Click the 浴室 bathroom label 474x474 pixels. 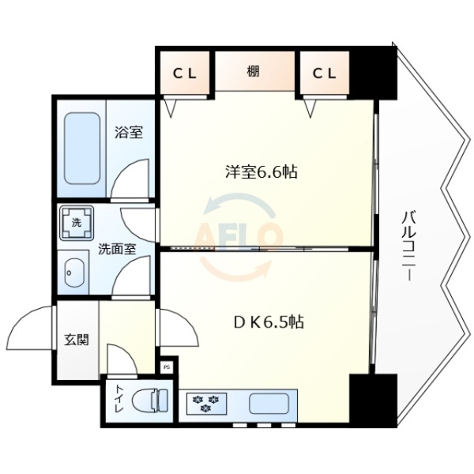pyautogui.click(x=128, y=132)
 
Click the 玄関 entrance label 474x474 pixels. pyautogui.click(x=76, y=340)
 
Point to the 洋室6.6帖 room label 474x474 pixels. pyautogui.click(x=260, y=171)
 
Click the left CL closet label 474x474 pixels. pyautogui.click(x=185, y=73)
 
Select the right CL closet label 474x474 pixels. pyautogui.click(x=324, y=73)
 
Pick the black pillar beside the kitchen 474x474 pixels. pyautogui.click(x=372, y=400)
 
